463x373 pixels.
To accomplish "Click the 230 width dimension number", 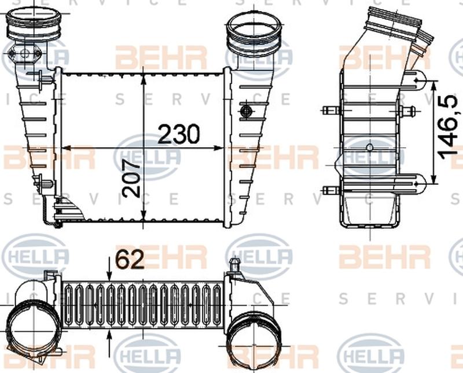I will [x=179, y=134].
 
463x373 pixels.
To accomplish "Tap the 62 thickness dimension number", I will [x=130, y=261].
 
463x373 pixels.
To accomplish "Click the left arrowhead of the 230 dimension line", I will [x=65, y=148].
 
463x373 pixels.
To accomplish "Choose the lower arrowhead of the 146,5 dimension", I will [x=434, y=177].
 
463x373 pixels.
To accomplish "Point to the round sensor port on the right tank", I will [x=245, y=110].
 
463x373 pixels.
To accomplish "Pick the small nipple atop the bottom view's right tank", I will [x=234, y=266].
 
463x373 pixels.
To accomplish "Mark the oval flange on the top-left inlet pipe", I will [x=23, y=55].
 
